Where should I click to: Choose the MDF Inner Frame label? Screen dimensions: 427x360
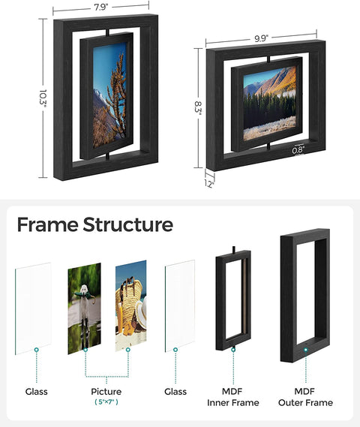[233, 397]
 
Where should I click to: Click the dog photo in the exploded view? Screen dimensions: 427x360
[84, 307]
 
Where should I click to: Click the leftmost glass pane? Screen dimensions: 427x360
[33, 307]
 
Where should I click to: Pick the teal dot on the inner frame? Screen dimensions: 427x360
[233, 349]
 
